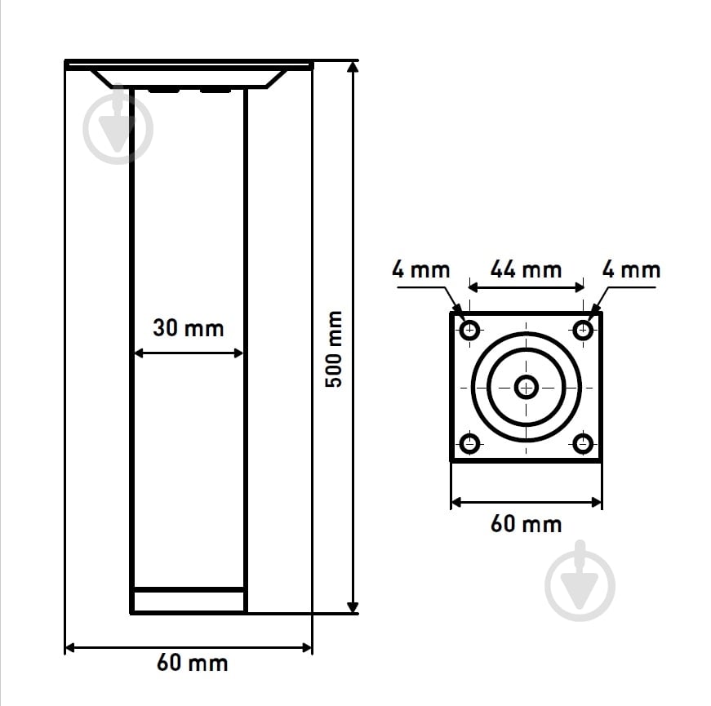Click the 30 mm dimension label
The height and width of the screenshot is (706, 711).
189,328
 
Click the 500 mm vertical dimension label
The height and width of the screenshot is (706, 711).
334,349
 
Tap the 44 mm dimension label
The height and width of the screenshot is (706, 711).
526,270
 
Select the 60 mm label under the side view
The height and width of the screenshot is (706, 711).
193,663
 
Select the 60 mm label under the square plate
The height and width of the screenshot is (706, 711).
526,524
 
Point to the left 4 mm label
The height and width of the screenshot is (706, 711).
420,270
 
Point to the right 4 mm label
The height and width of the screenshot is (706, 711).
631,270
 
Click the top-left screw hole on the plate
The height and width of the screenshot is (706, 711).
469,330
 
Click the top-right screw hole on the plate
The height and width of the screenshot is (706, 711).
583,330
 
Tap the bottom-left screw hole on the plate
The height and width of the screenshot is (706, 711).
469,443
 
